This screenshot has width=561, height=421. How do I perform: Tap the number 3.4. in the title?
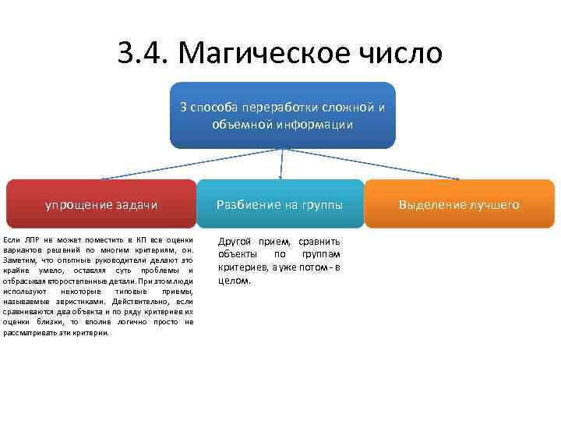144,53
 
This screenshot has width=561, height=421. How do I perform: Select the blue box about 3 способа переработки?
282,115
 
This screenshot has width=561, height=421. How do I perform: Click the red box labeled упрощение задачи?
101,204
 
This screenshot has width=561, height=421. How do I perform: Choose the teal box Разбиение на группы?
280,204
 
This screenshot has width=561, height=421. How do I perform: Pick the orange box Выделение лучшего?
458,204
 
